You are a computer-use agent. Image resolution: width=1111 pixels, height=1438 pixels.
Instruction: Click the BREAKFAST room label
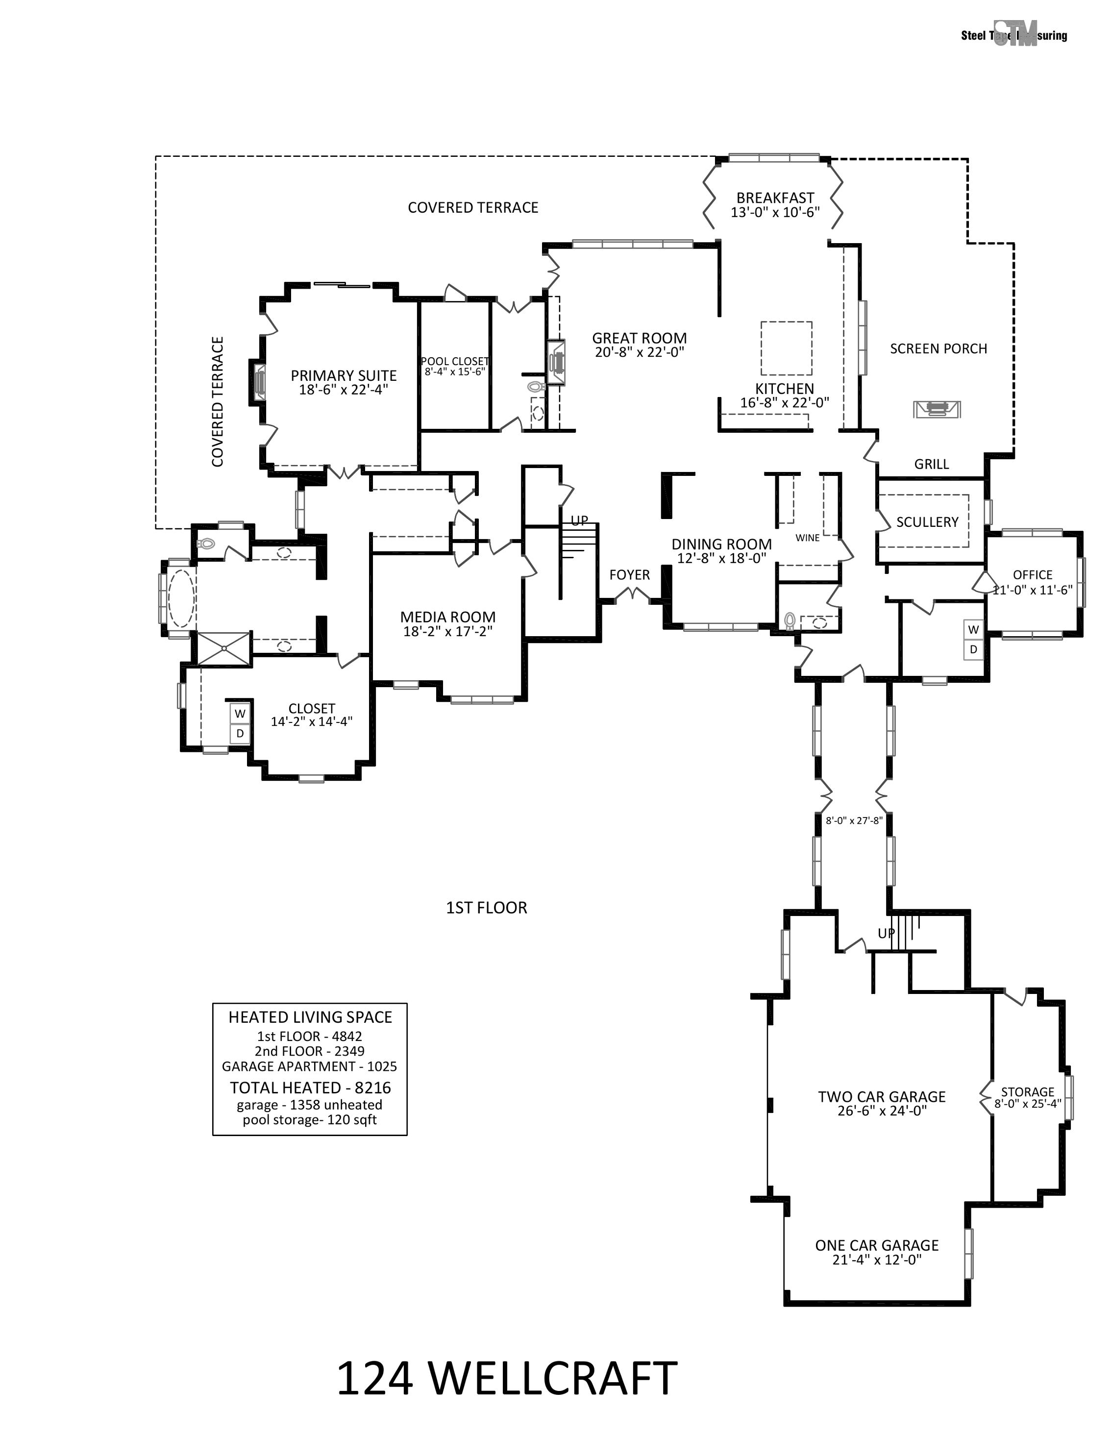click(775, 198)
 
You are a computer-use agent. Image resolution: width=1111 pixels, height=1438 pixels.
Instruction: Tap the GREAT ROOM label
click(639, 339)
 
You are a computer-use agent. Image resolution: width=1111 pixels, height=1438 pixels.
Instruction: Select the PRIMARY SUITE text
click(344, 376)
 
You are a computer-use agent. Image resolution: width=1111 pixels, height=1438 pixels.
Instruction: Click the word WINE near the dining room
click(808, 538)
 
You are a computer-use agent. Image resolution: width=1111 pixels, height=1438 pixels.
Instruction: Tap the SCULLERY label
click(927, 522)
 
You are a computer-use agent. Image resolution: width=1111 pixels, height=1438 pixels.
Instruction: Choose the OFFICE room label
click(1032, 575)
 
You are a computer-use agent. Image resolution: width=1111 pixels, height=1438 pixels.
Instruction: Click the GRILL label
click(931, 464)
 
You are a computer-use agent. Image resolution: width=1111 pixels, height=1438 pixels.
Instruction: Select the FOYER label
click(629, 575)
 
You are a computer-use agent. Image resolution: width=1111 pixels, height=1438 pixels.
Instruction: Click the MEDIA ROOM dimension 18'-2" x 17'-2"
click(447, 631)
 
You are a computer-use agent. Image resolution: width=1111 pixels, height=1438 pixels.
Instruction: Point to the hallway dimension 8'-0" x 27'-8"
click(854, 820)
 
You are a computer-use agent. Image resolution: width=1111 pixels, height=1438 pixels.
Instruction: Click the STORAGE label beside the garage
click(1027, 1091)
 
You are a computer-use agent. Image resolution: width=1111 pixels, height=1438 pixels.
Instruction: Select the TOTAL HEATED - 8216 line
click(310, 1088)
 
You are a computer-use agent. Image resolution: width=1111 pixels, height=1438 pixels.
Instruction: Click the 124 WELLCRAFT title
click(506, 1379)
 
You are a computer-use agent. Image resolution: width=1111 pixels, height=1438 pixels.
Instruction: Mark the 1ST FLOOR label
click(486, 908)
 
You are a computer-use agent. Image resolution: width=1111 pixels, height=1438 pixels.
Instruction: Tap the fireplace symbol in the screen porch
click(937, 409)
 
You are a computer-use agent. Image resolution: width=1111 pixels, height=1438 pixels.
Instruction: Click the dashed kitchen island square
click(786, 347)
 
